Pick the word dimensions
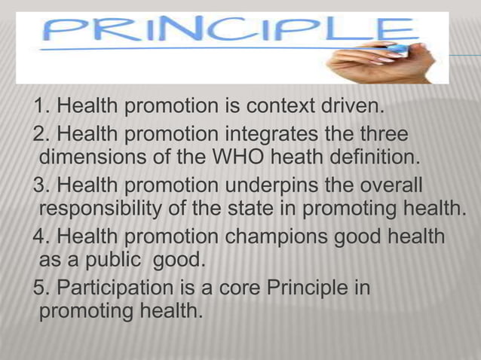point(92,160)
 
